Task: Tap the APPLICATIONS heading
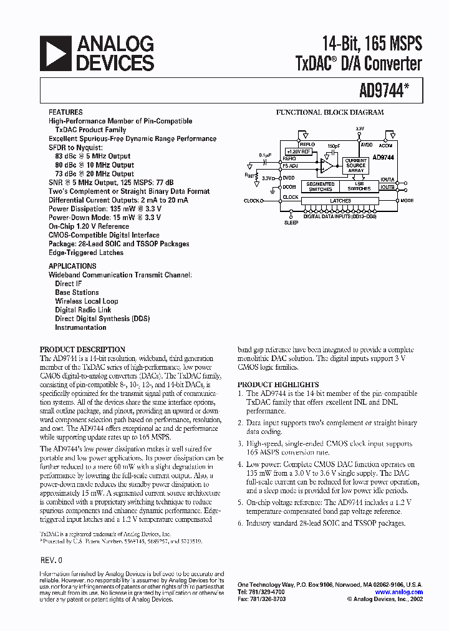(x=72, y=266)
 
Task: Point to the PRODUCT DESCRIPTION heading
(x=82, y=350)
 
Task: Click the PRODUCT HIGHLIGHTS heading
(x=278, y=385)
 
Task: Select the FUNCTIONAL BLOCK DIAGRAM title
(x=330, y=113)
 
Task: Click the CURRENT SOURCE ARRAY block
(x=356, y=165)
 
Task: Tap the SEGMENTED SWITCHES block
(x=321, y=186)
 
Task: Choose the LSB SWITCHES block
(x=359, y=186)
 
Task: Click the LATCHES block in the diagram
(x=340, y=201)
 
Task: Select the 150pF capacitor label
(x=334, y=145)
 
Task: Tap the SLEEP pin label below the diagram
(x=291, y=222)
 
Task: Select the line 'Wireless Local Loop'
(x=86, y=301)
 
